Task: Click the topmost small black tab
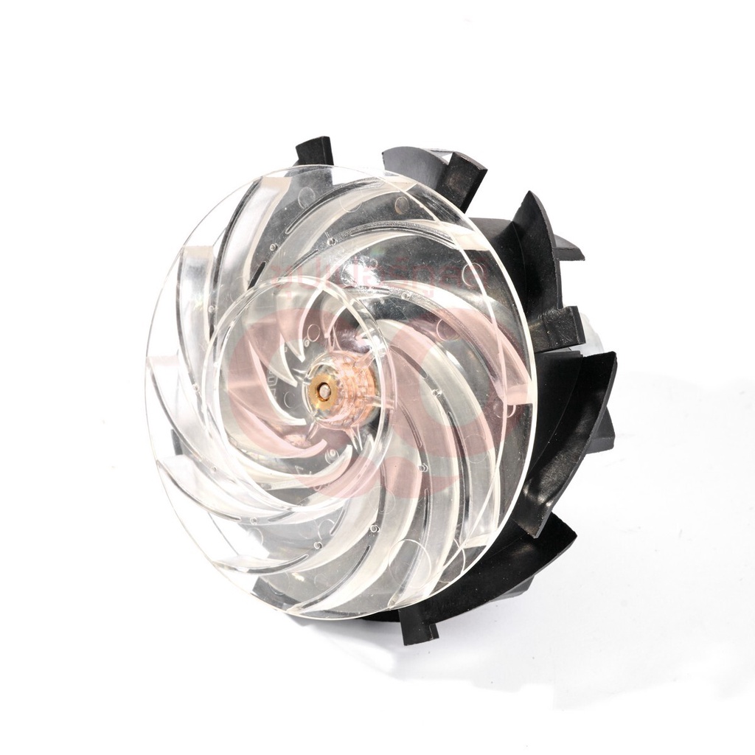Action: point(315,150)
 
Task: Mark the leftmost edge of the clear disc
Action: point(148,383)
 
